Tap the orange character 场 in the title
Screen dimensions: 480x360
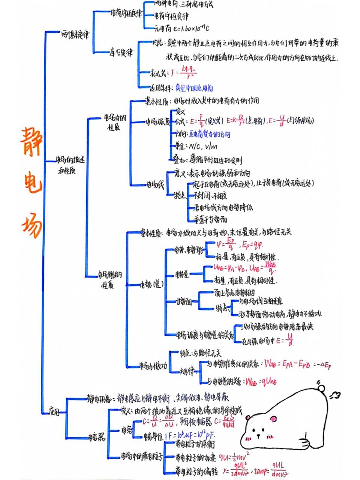pyautogui.click(x=31, y=224)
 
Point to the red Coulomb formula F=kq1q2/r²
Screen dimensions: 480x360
pyautogui.click(x=184, y=72)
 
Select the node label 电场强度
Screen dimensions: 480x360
pyautogui.click(x=157, y=121)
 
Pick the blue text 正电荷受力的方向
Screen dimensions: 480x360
pyautogui.click(x=209, y=134)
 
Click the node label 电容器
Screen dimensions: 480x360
pyautogui.click(x=97, y=437)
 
